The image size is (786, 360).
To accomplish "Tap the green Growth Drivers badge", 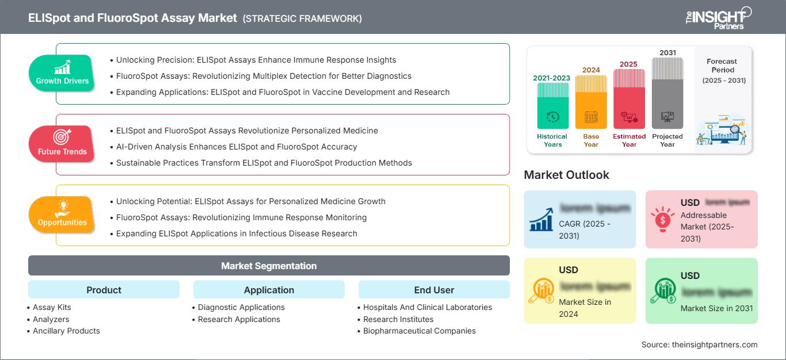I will click(x=62, y=73).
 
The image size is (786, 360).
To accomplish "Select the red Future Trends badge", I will click(x=62, y=144).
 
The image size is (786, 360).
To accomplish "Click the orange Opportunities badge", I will click(x=62, y=215).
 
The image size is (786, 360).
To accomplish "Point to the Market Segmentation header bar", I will click(x=269, y=266).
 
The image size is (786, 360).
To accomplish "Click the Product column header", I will click(x=104, y=290).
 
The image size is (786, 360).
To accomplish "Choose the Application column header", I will click(x=269, y=290).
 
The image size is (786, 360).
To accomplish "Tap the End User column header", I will click(x=434, y=290).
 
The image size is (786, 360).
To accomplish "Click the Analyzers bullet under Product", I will click(x=51, y=319).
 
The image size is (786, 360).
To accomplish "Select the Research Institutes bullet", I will click(x=398, y=319).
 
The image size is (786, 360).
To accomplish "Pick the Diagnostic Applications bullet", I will click(x=241, y=307).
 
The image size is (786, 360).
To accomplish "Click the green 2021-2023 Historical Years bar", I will click(x=552, y=106).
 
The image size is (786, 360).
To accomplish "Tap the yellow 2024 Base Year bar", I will click(x=591, y=102).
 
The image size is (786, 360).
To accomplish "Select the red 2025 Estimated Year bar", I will click(x=629, y=98).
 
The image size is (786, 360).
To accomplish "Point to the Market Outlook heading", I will click(x=566, y=175).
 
